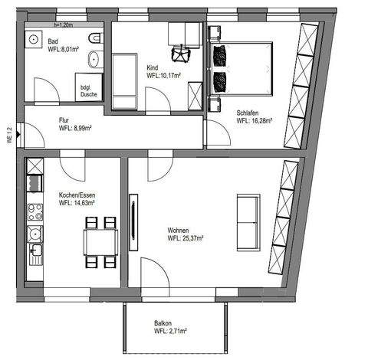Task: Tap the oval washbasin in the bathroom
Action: tap(95, 59)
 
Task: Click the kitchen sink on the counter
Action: tap(35, 250)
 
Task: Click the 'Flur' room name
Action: tap(64, 120)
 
